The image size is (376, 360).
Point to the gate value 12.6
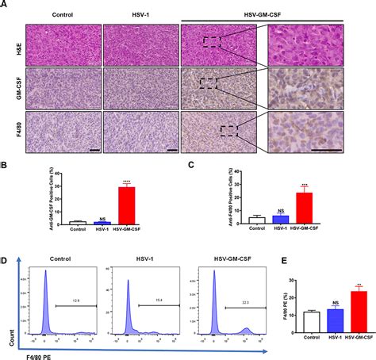click(x=75, y=301)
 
